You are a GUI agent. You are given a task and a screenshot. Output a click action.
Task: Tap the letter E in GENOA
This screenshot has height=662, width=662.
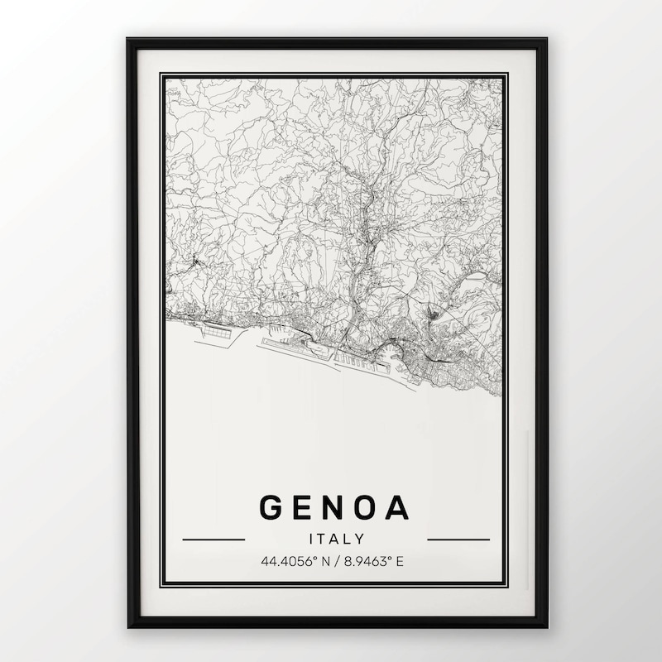click(x=306, y=507)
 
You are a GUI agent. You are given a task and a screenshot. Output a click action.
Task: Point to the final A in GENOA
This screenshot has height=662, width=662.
click(x=399, y=507)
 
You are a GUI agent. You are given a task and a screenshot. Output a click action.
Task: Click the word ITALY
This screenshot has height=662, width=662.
click(x=336, y=539)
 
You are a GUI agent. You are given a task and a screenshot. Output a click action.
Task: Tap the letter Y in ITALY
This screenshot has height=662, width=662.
click(x=360, y=539)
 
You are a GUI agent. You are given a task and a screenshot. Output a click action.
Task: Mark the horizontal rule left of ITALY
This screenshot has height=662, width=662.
click(x=213, y=540)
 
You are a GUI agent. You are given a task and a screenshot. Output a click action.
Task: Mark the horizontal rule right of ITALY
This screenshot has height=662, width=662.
click(x=458, y=540)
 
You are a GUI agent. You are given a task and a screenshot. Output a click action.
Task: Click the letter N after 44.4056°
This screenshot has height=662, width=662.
click(x=323, y=562)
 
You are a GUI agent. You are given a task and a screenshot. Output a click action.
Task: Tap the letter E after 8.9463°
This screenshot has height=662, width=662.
click(x=400, y=562)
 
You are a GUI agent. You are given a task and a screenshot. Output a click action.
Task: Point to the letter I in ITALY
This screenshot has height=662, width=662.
click(x=312, y=539)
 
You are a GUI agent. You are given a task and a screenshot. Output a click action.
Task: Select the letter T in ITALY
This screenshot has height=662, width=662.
click(x=322, y=539)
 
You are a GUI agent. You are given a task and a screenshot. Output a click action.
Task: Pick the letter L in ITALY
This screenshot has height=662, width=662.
click(x=348, y=539)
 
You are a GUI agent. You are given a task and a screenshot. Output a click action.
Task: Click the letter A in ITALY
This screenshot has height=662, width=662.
click(x=334, y=539)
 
